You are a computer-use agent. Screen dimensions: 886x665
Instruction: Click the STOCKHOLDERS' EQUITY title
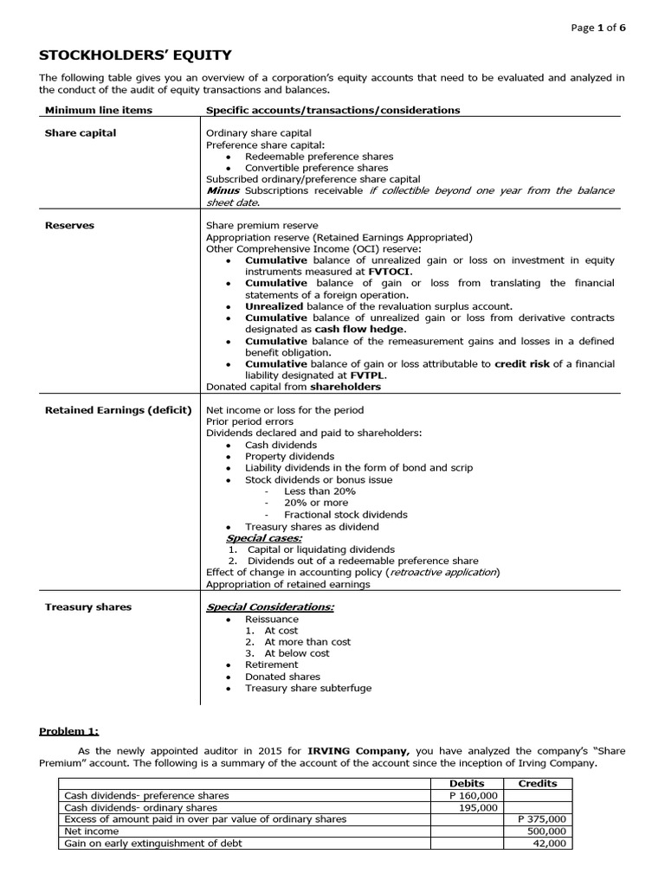coord(135,55)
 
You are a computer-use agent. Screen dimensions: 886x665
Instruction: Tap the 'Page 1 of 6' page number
coord(598,28)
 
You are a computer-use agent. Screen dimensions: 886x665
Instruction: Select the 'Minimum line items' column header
coord(98,110)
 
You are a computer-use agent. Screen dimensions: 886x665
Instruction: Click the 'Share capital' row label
coord(81,133)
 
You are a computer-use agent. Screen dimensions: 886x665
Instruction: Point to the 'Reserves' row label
coord(69,225)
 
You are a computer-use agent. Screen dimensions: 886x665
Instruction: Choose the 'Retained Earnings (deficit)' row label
coord(118,410)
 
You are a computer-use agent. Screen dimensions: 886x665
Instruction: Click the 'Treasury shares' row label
coord(87,607)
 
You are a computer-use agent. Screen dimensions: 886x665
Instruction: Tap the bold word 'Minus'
coord(223,190)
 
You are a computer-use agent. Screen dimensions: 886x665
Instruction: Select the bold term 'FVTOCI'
coord(391,272)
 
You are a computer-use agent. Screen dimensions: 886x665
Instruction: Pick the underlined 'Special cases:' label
coord(263,538)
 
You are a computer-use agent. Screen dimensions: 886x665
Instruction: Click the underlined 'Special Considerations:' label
coord(269,607)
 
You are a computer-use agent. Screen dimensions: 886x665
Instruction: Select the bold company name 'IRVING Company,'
coord(358,751)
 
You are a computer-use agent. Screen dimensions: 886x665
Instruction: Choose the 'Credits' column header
coord(537,783)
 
